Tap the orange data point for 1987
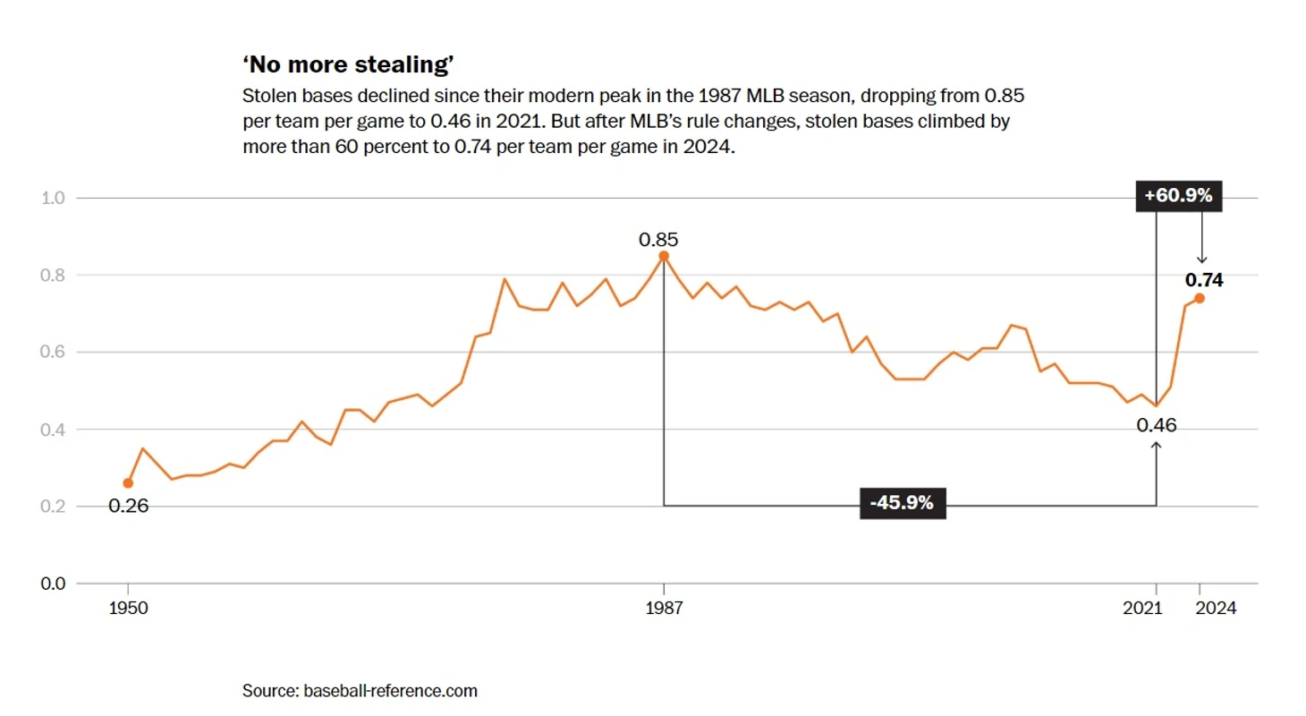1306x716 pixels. [x=664, y=256]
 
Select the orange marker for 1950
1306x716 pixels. [x=128, y=483]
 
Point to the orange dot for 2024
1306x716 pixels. [x=1200, y=299]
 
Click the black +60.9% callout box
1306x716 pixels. [x=1178, y=196]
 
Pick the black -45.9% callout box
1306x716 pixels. [x=902, y=503]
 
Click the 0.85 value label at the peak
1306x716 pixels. [x=658, y=239]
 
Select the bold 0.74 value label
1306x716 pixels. [x=1204, y=279]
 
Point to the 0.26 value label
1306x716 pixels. [x=128, y=506]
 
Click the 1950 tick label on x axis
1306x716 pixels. [x=128, y=608]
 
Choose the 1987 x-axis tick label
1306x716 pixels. [x=664, y=608]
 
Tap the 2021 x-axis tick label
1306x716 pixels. [x=1141, y=608]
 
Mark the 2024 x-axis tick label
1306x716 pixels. [x=1216, y=608]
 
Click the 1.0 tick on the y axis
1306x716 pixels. [x=54, y=198]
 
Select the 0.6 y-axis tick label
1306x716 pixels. [x=54, y=353]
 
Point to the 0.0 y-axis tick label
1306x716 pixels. [x=54, y=584]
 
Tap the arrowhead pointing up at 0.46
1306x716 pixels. [x=1157, y=445]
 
